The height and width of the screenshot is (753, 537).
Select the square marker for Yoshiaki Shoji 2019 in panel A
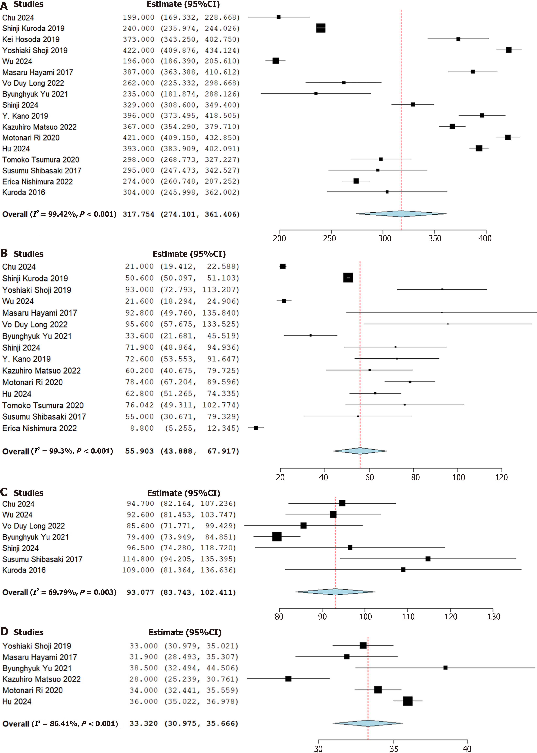[509, 50]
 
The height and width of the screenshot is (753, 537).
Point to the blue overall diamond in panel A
[401, 214]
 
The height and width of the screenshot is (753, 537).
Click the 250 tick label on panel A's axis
[329, 238]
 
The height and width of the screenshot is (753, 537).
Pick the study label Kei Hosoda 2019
[31, 39]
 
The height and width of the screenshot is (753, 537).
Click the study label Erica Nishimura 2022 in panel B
[39, 428]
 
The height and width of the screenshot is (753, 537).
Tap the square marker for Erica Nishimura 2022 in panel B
[256, 428]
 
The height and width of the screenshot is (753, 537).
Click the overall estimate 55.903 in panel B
[139, 451]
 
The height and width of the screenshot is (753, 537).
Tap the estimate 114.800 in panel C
[138, 559]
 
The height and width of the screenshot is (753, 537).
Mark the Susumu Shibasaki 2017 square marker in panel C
[428, 559]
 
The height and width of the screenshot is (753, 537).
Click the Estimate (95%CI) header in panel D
[185, 632]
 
